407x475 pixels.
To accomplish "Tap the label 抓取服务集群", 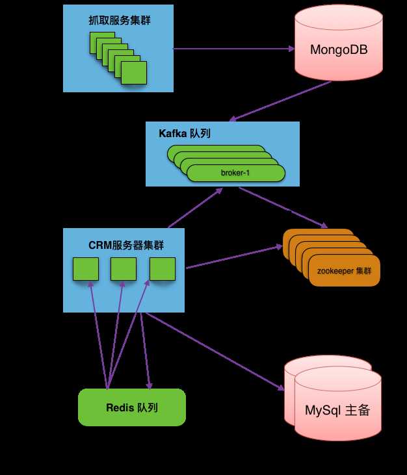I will click(118, 20).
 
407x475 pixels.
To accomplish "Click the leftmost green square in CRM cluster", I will click(85, 269).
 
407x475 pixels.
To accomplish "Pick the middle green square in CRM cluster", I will click(124, 269).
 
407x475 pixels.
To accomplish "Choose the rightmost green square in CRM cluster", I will click(163, 269).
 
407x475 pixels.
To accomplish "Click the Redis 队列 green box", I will click(132, 407).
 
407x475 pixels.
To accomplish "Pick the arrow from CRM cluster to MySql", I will click(215, 351).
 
